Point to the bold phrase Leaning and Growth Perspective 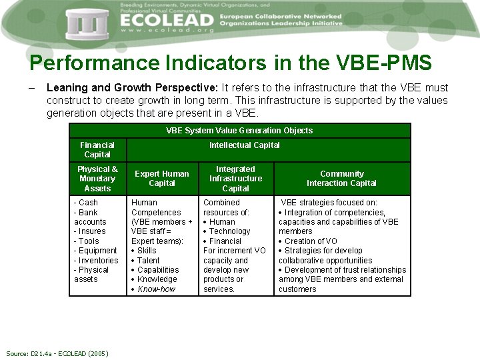(133, 88)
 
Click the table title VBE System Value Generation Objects (239, 131)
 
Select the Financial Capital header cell (97, 149)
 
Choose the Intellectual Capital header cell (245, 145)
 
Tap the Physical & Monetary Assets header (97, 179)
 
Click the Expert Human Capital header (162, 179)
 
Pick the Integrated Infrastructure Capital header (235, 179)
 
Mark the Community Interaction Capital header (341, 179)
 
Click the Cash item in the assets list (87, 203)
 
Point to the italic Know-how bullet (157, 289)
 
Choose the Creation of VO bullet (311, 241)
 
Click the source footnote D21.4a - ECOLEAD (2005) (57, 353)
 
